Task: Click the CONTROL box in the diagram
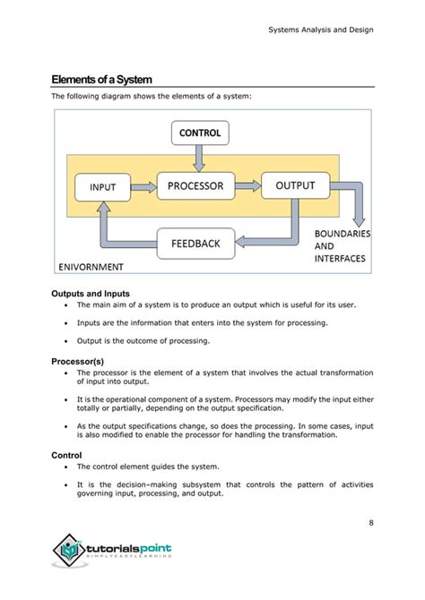click(x=200, y=133)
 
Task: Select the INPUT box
click(x=108, y=187)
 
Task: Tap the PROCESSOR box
click(x=195, y=185)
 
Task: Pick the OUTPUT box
click(x=294, y=185)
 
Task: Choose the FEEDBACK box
click(x=195, y=243)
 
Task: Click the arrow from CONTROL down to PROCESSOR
click(x=199, y=159)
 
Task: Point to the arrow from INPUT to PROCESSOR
click(x=147, y=186)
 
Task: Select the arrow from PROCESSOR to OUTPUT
click(x=248, y=186)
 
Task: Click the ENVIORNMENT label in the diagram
click(x=91, y=266)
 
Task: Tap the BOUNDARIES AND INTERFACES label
click(x=342, y=246)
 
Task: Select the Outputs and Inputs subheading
click(x=91, y=293)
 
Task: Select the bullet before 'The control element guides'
click(x=67, y=467)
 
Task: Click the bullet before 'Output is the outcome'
click(x=67, y=340)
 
